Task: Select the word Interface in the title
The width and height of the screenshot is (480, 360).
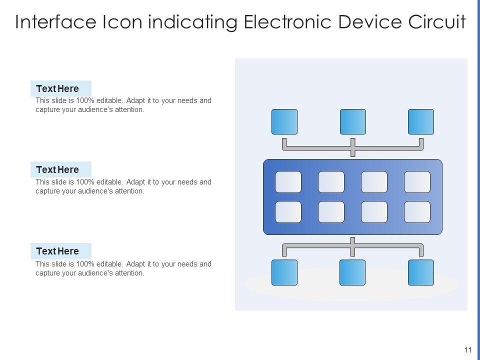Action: pyautogui.click(x=55, y=21)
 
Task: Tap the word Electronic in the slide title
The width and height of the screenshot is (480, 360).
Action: pyautogui.click(x=287, y=21)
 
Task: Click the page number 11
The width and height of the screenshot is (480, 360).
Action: pyautogui.click(x=468, y=350)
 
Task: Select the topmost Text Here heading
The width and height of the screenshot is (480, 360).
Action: pyautogui.click(x=57, y=89)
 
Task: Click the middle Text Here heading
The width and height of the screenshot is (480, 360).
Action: pyautogui.click(x=57, y=169)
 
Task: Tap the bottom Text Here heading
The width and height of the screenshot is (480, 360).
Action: pyautogui.click(x=57, y=251)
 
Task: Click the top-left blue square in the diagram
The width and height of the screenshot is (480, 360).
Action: pyautogui.click(x=284, y=121)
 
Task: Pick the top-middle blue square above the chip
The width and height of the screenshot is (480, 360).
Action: pyautogui.click(x=353, y=121)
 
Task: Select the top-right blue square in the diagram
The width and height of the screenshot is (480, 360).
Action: pyautogui.click(x=421, y=121)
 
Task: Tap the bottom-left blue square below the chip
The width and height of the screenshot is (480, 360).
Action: pyautogui.click(x=284, y=272)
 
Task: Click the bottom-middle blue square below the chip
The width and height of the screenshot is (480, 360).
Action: pyautogui.click(x=352, y=272)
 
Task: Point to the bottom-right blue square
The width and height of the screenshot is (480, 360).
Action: pyautogui.click(x=421, y=272)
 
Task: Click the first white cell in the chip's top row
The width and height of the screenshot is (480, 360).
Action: pyautogui.click(x=288, y=182)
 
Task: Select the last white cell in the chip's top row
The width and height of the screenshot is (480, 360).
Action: pyautogui.click(x=417, y=182)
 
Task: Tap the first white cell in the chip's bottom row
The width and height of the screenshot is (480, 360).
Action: pyautogui.click(x=288, y=212)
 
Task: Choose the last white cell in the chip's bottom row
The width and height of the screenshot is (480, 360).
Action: pyautogui.click(x=417, y=212)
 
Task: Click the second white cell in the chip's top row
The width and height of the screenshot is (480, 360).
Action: pyautogui.click(x=331, y=182)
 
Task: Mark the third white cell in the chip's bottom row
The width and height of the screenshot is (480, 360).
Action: pyautogui.click(x=374, y=212)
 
